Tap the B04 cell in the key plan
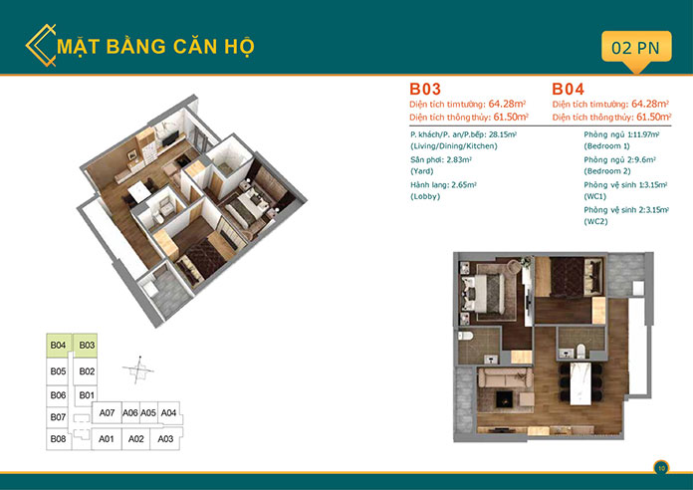(58, 346)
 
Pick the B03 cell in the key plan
(87, 346)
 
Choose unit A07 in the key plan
(109, 412)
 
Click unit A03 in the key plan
(166, 438)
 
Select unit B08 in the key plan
(58, 438)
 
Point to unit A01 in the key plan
(107, 438)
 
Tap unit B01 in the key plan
(87, 395)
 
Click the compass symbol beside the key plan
(138, 369)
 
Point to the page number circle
(661, 466)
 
